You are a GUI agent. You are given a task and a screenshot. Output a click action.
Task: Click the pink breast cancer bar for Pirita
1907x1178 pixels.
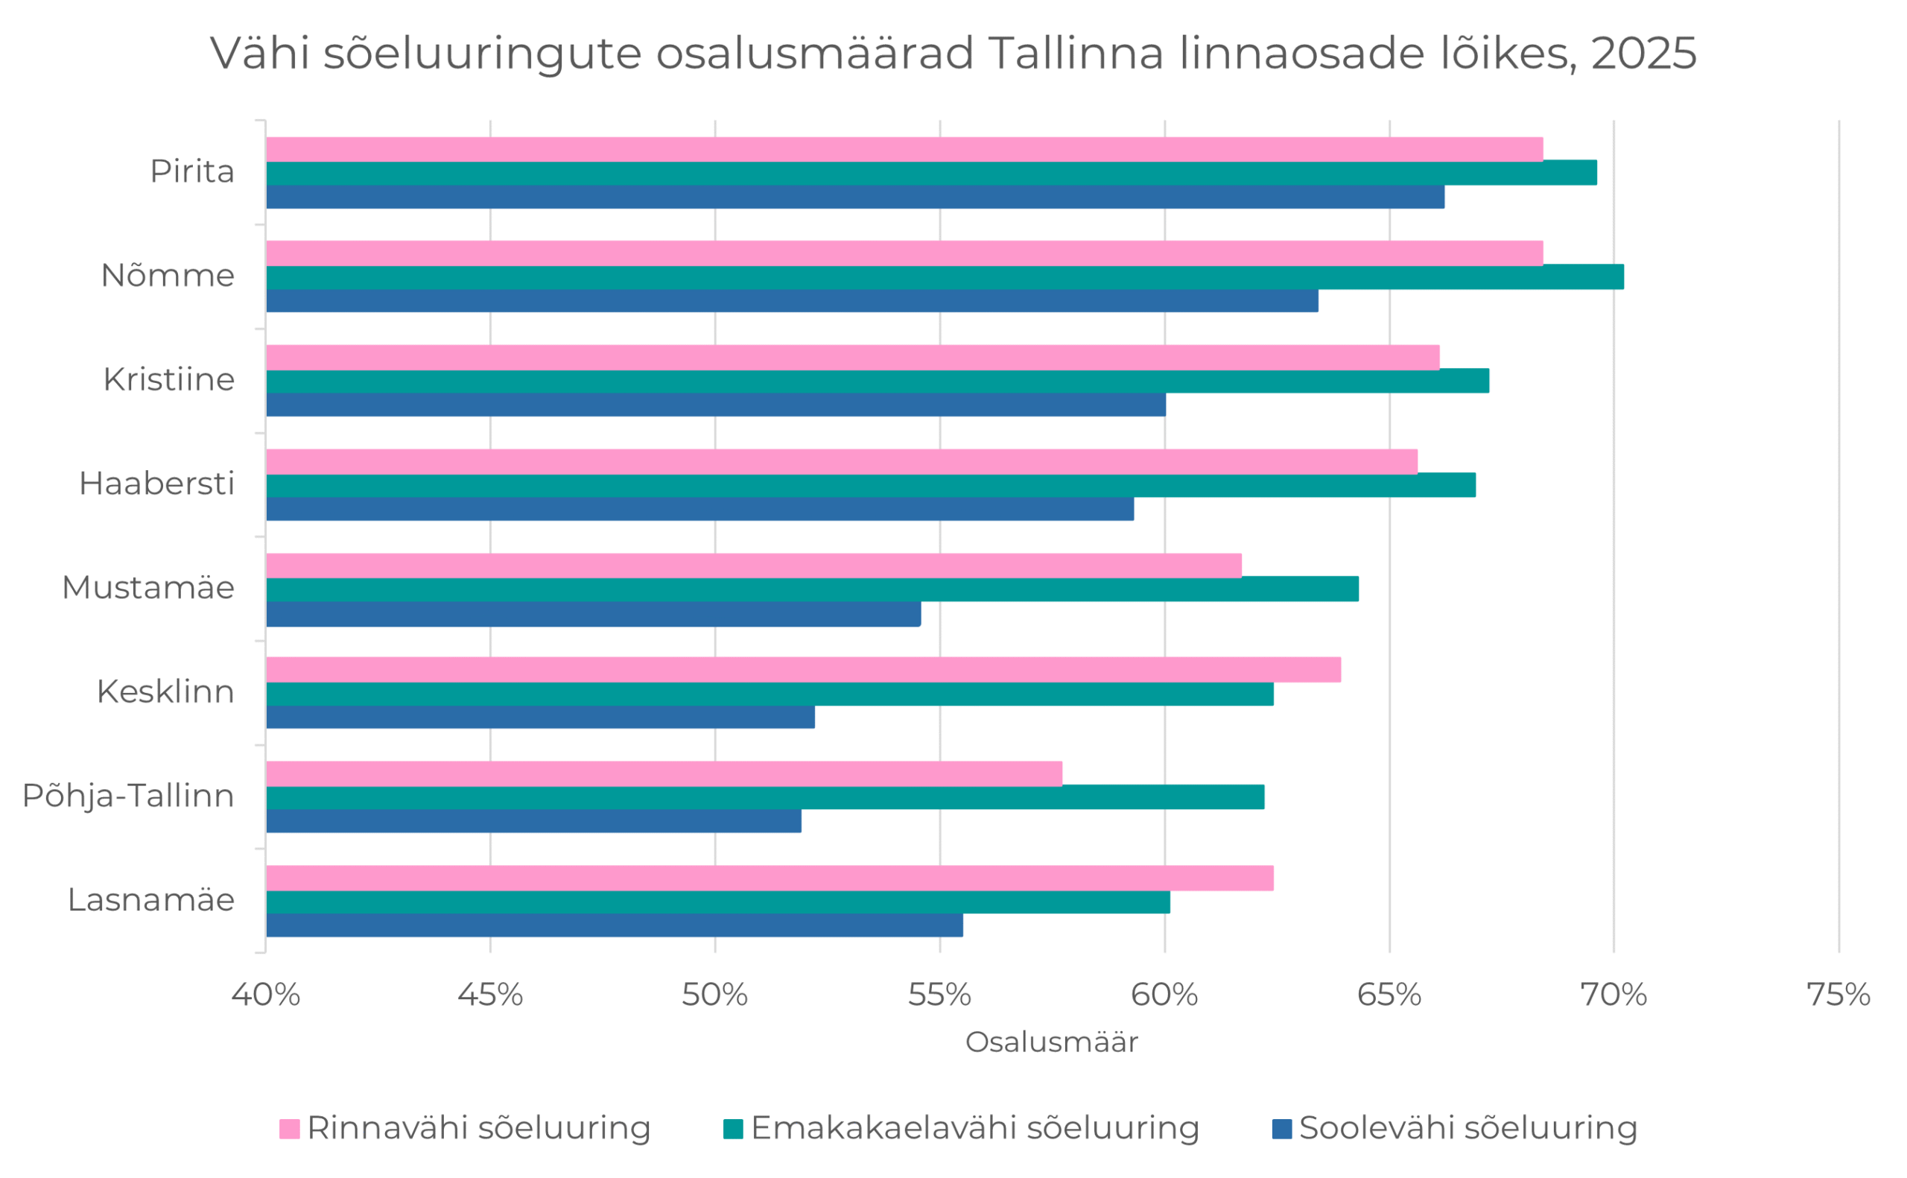pyautogui.click(x=904, y=149)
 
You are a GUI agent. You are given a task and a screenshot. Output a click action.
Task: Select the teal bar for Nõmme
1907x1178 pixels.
pyautogui.click(x=944, y=276)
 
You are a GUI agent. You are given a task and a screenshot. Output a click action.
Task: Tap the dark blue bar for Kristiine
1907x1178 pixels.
pyautogui.click(x=715, y=405)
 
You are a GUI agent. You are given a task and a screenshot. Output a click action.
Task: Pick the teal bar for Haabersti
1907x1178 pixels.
pyautogui.click(x=870, y=484)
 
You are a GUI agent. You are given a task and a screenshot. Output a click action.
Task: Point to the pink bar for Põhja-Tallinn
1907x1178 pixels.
pyautogui.click(x=664, y=773)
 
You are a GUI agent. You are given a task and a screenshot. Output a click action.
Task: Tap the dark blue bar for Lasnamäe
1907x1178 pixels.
pyautogui.click(x=614, y=925)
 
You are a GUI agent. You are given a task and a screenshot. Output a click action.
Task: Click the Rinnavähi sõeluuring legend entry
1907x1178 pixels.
pyautogui.click(x=465, y=1127)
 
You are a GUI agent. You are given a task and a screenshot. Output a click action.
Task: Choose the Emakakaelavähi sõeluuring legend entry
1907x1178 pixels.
pyautogui.click(x=961, y=1127)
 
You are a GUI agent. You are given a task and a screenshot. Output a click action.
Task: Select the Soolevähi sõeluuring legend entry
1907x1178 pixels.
pyautogui.click(x=1455, y=1127)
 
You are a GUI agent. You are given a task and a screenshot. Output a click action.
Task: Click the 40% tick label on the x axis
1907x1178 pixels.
pyautogui.click(x=265, y=995)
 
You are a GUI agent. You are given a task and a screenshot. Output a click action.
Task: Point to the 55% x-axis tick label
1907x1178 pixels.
pyautogui.click(x=939, y=995)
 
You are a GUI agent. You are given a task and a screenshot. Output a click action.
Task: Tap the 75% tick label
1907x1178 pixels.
pyautogui.click(x=1838, y=995)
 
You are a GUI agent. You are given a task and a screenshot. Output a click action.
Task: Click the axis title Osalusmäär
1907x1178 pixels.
pyautogui.click(x=1051, y=1042)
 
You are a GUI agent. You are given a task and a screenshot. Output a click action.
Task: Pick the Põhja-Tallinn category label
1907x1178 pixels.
pyautogui.click(x=128, y=796)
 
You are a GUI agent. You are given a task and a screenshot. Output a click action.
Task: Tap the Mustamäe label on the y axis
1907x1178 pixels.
pyautogui.click(x=148, y=587)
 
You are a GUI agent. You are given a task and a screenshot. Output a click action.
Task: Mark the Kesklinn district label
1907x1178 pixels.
pyautogui.click(x=165, y=692)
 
